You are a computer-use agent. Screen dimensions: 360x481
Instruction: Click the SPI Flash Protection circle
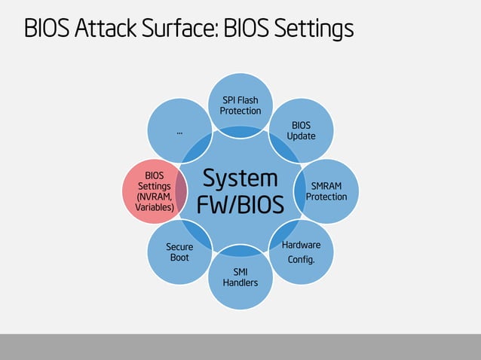pyautogui.click(x=240, y=105)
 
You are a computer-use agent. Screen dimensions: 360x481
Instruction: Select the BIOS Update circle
pyautogui.click(x=301, y=130)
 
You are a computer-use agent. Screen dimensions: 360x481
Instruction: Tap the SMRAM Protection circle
pyautogui.click(x=326, y=191)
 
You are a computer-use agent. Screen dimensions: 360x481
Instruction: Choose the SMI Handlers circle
pyautogui.click(x=240, y=276)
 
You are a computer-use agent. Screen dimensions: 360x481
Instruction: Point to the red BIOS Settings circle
pyautogui.click(x=154, y=191)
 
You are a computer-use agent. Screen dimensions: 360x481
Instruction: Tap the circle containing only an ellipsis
pyautogui.click(x=179, y=130)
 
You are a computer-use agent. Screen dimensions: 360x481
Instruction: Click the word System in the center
pyautogui.click(x=240, y=178)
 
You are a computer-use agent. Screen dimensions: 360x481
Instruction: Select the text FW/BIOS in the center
pyautogui.click(x=240, y=205)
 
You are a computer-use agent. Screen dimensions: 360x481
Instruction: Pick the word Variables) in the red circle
pyautogui.click(x=155, y=206)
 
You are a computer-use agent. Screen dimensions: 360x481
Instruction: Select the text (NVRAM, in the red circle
pyautogui.click(x=155, y=196)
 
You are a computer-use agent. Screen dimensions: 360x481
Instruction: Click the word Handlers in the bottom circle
pyautogui.click(x=240, y=282)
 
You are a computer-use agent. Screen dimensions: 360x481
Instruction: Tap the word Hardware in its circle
pyautogui.click(x=301, y=246)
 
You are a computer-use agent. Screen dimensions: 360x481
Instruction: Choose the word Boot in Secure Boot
pyautogui.click(x=179, y=258)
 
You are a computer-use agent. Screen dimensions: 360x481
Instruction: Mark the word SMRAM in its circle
pyautogui.click(x=326, y=185)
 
